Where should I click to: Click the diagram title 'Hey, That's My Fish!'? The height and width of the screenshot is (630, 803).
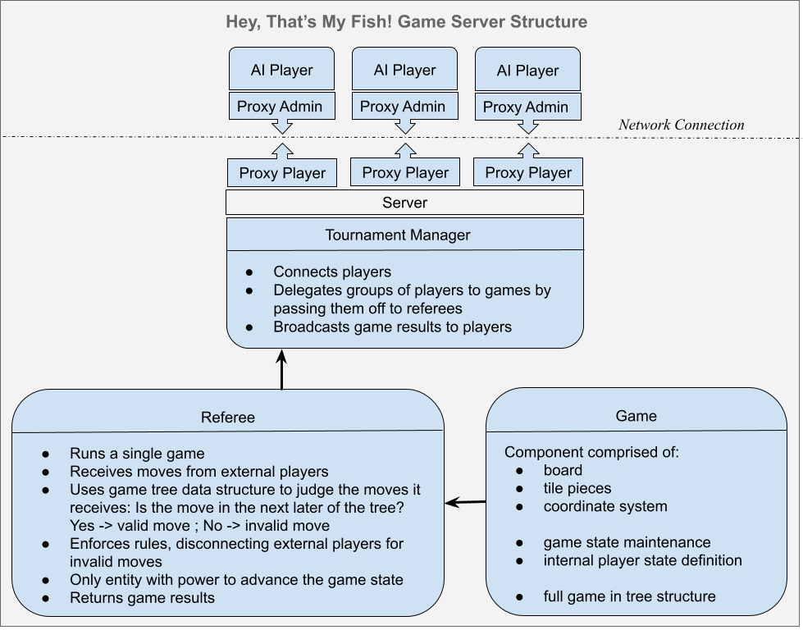(406, 21)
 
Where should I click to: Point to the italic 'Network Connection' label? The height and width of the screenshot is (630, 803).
(681, 125)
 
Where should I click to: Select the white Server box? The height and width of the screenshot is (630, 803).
(404, 203)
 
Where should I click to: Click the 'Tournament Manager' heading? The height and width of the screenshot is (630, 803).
(398, 235)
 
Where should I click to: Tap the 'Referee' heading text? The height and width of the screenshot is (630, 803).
(227, 417)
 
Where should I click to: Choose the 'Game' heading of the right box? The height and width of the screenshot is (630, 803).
(636, 416)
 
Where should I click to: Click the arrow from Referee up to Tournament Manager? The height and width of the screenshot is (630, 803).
(281, 370)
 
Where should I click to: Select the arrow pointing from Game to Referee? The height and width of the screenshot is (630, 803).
(465, 502)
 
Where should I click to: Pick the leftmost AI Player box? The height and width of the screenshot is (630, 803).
(281, 70)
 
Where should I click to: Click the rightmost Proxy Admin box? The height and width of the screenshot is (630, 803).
(526, 107)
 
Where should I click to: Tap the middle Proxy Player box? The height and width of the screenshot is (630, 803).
(405, 172)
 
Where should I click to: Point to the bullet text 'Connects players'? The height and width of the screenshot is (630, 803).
(332, 272)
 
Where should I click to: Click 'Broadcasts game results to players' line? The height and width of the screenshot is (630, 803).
(392, 326)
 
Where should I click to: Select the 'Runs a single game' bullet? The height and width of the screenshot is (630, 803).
(137, 453)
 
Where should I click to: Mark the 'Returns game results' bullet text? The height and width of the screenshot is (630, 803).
(142, 597)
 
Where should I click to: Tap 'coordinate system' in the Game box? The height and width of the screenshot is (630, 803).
(605, 506)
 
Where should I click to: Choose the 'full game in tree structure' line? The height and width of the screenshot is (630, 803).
(629, 596)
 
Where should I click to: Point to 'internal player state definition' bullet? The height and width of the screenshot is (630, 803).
(642, 560)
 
